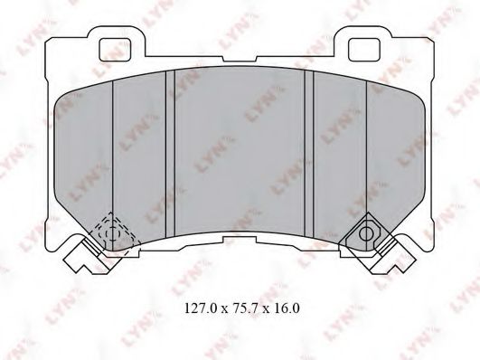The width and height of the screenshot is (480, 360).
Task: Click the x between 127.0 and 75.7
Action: click(x=221, y=308)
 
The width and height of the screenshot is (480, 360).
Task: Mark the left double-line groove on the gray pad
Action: click(x=168, y=154)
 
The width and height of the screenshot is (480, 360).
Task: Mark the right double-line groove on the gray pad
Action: click(x=309, y=154)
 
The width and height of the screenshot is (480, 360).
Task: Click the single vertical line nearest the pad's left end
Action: click(x=111, y=154)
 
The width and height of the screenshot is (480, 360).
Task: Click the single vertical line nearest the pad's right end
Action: click(x=366, y=154)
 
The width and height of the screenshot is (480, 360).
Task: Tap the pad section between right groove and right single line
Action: click(x=339, y=154)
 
